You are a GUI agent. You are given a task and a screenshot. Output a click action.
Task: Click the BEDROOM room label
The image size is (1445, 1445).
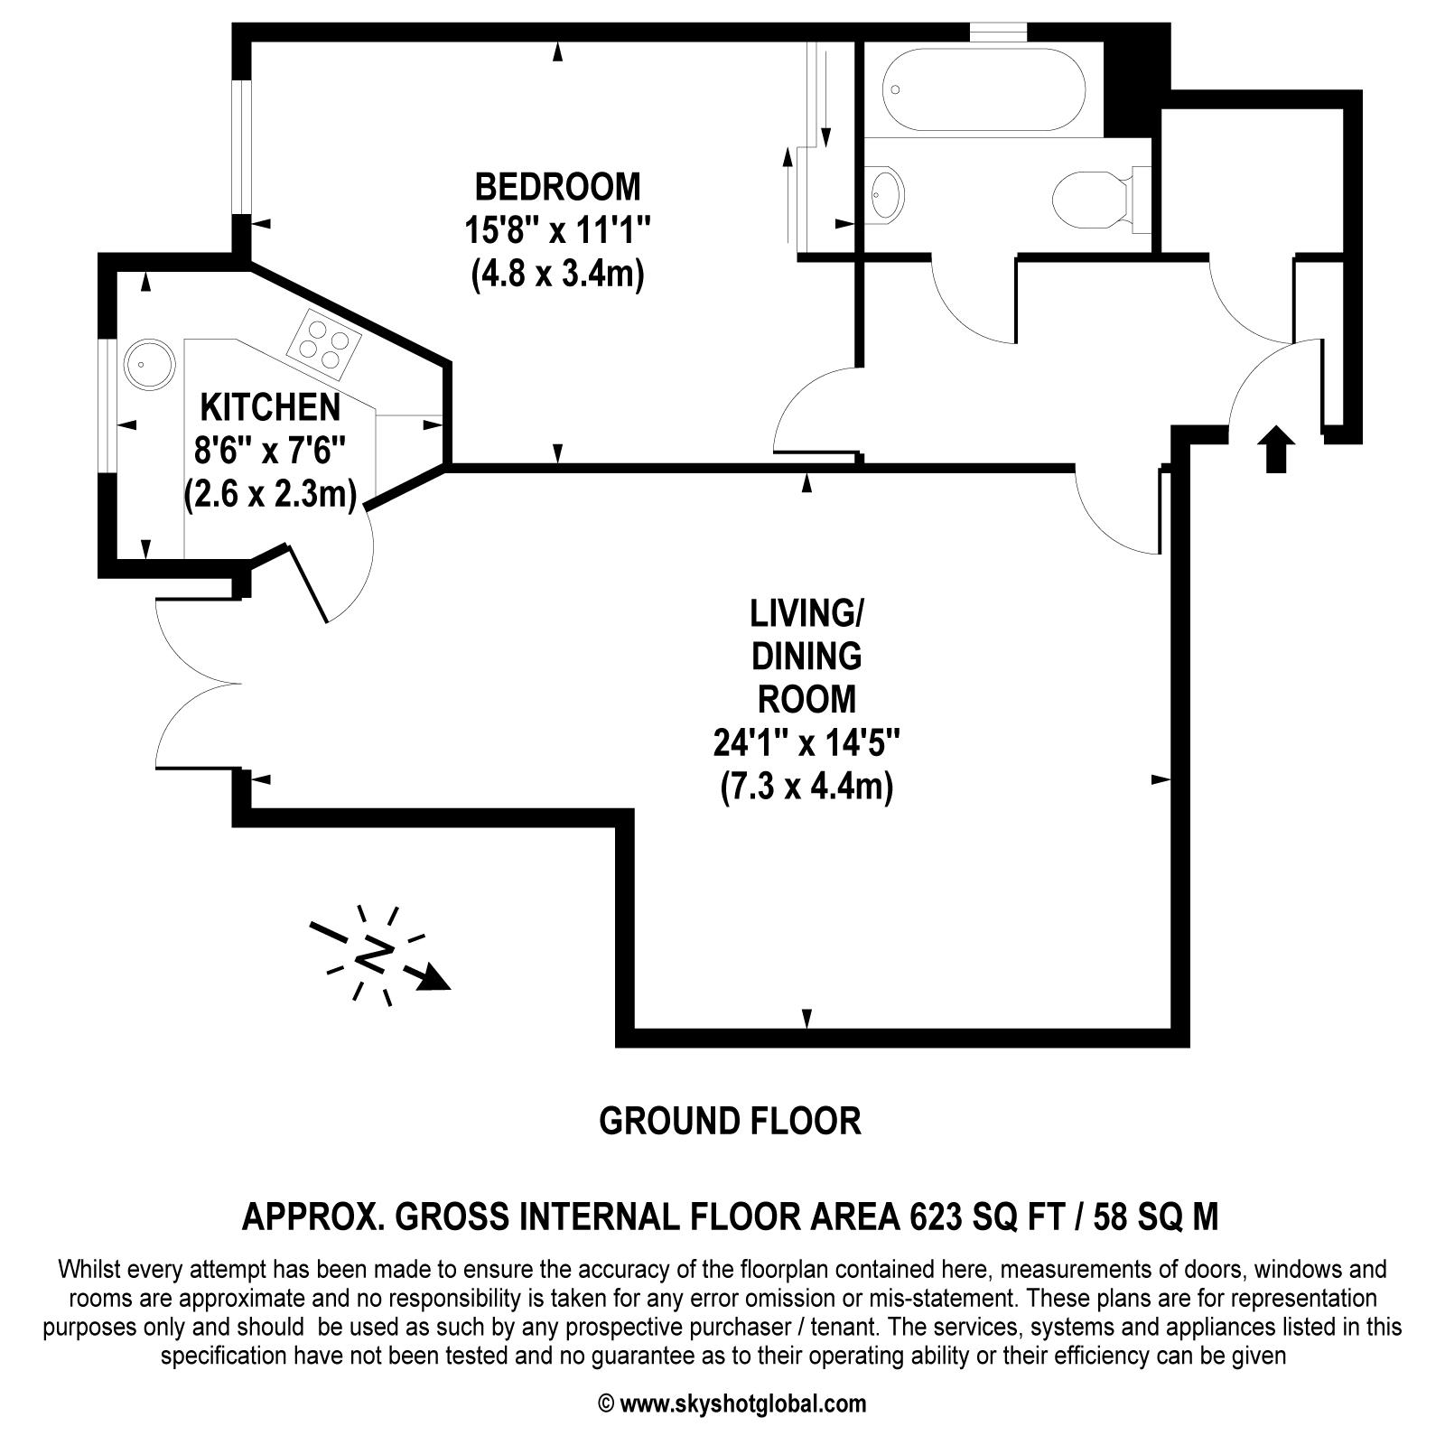click(x=557, y=187)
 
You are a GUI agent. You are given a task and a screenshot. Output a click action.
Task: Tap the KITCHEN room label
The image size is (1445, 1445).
click(x=270, y=407)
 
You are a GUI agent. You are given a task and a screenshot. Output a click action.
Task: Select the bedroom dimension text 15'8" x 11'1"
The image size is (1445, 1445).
click(x=557, y=230)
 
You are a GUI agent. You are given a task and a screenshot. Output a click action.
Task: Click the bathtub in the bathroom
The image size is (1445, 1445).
click(x=984, y=90)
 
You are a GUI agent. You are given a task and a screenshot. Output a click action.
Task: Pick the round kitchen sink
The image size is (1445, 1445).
click(x=148, y=364)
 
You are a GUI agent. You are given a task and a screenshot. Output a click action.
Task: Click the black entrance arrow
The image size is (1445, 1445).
click(x=1275, y=448)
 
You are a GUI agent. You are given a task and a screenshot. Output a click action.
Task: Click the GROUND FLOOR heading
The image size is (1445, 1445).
click(x=730, y=1121)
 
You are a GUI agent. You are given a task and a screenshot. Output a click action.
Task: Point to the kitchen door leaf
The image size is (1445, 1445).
click(x=307, y=583)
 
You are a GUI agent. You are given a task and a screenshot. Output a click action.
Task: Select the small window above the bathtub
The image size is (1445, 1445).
click(x=998, y=33)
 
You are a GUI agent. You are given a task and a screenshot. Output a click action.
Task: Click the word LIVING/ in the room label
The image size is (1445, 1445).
click(x=806, y=614)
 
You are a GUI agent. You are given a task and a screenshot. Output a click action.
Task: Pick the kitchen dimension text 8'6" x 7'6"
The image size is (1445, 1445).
click(x=270, y=451)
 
